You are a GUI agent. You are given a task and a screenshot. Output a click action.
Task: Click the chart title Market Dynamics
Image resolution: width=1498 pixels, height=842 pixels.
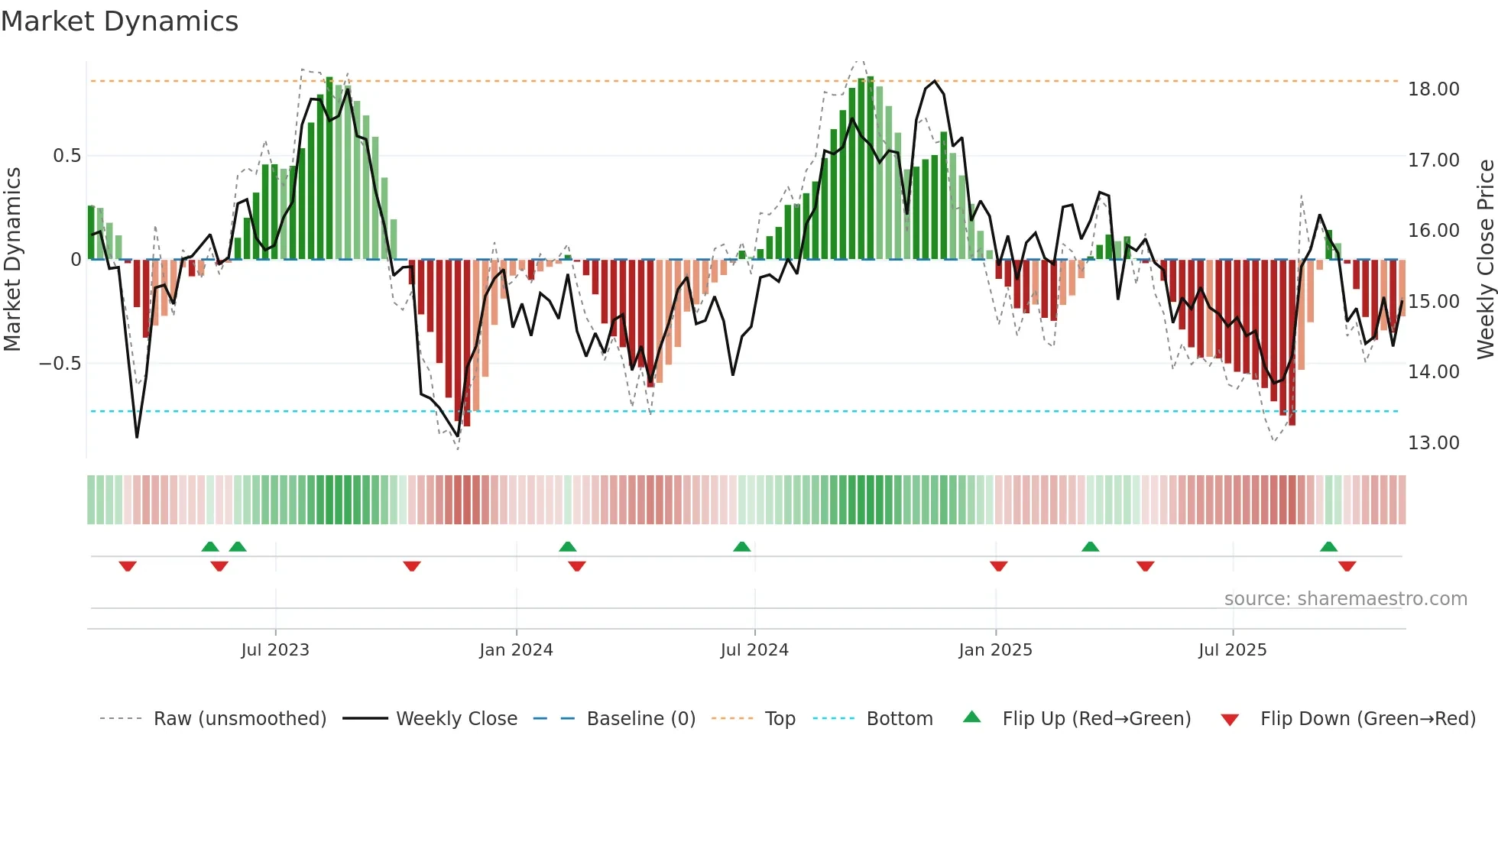pyautogui.click(x=119, y=21)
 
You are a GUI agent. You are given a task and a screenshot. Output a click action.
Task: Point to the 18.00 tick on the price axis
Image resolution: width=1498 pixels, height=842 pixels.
pyautogui.click(x=1433, y=89)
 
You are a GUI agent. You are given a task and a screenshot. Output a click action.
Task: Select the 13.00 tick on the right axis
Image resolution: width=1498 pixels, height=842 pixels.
pyautogui.click(x=1433, y=443)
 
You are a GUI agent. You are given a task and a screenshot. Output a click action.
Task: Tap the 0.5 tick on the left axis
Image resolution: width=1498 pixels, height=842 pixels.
pyautogui.click(x=66, y=156)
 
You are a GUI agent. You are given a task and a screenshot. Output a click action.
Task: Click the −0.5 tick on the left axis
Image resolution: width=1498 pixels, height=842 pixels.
pyautogui.click(x=60, y=364)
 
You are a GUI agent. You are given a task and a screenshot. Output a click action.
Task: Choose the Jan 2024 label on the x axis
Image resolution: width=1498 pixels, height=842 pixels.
pyautogui.click(x=516, y=650)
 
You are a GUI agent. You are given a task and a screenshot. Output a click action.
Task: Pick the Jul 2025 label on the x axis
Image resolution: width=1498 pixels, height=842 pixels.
pyautogui.click(x=1232, y=650)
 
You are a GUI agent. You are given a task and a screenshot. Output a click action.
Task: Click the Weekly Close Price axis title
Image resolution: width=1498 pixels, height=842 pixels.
pyautogui.click(x=1485, y=259)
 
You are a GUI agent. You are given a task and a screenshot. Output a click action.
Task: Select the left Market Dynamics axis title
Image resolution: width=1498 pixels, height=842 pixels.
pyautogui.click(x=12, y=259)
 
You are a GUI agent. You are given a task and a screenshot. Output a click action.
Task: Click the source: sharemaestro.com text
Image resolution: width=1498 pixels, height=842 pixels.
pyautogui.click(x=1345, y=599)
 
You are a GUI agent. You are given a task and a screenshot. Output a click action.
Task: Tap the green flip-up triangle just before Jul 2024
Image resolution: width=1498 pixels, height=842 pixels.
pyautogui.click(x=741, y=546)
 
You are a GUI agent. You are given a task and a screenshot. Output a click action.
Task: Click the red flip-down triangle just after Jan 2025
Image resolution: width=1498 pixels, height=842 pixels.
pyautogui.click(x=998, y=566)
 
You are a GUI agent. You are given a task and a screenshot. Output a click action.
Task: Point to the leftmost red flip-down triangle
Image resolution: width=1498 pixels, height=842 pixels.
pyautogui.click(x=128, y=566)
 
